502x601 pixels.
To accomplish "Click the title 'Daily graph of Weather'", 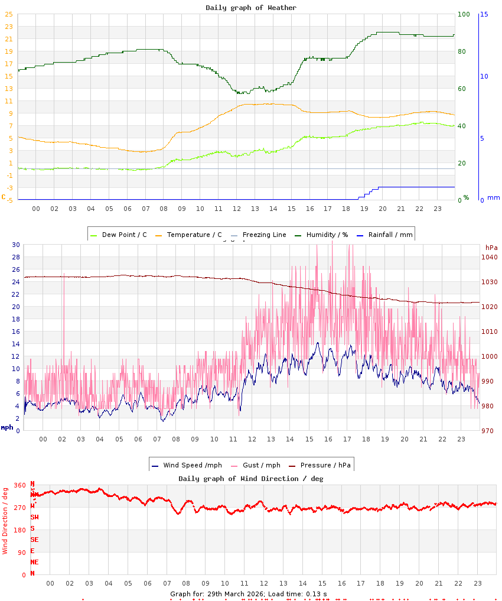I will [251, 8].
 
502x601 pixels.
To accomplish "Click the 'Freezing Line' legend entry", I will [264, 235].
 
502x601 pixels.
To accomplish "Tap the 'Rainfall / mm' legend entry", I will [389, 235].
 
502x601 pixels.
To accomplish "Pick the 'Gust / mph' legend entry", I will [261, 465].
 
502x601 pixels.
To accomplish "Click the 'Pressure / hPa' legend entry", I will [325, 465].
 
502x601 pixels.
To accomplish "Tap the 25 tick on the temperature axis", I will [9, 14].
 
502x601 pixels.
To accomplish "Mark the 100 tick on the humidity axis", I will [464, 14].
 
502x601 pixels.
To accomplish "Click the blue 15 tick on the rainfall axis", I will [484, 14].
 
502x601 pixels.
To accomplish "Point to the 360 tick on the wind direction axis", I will [20, 485].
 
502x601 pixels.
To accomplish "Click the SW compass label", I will [35, 517].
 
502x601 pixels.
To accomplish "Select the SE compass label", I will [35, 540].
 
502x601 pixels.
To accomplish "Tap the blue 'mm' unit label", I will [493, 197].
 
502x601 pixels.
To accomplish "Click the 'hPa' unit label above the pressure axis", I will [491, 247].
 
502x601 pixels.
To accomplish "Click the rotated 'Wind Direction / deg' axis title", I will [5, 520].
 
